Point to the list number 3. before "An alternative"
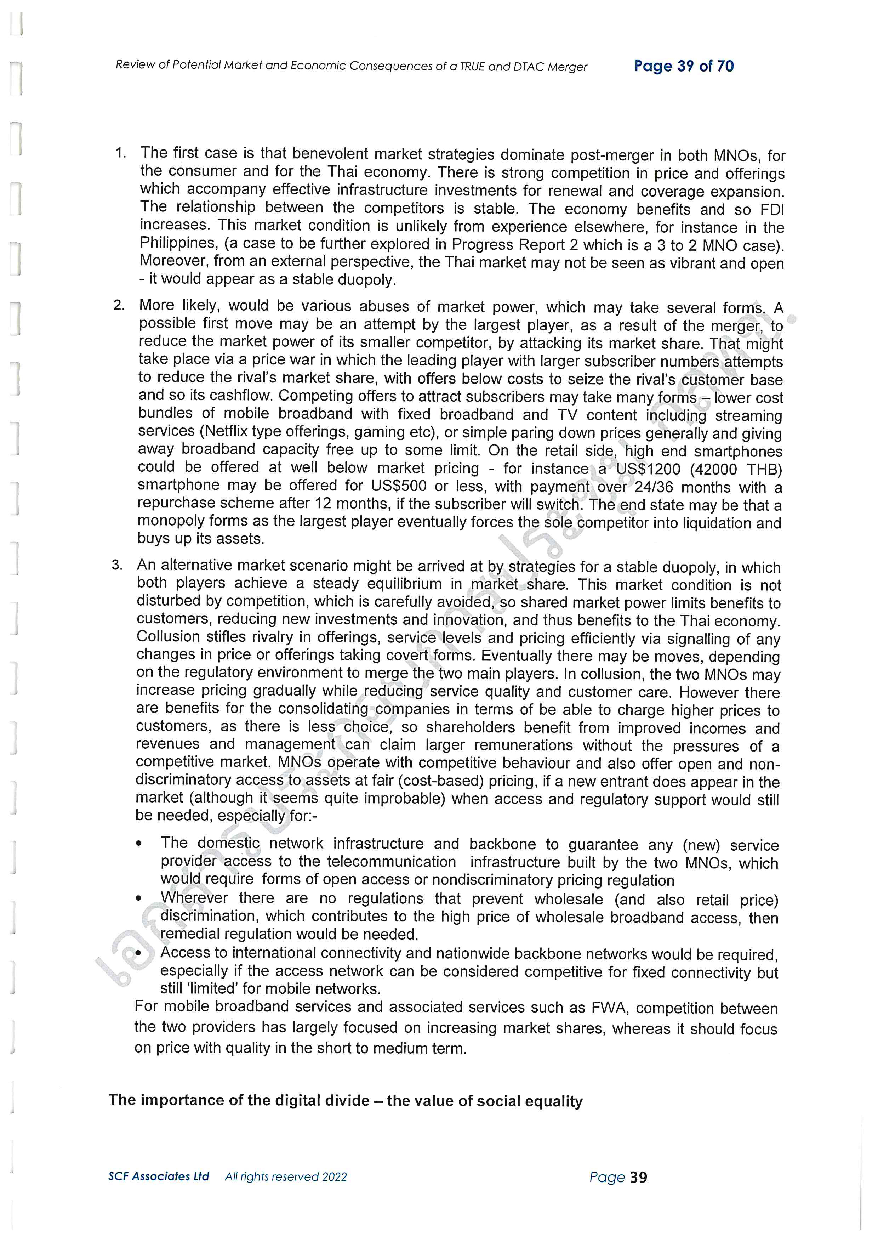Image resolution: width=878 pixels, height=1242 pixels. (x=117, y=565)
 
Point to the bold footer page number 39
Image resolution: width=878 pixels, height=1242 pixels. (x=638, y=1177)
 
